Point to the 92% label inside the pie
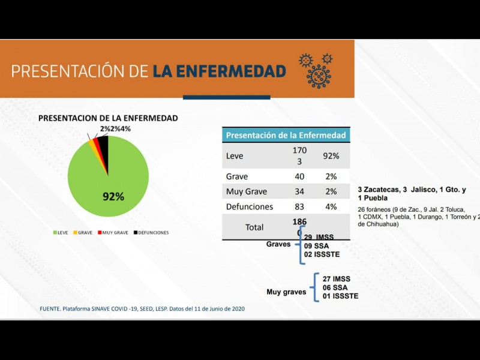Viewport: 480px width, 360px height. pos(113,196)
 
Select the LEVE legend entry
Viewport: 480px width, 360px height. pos(59,232)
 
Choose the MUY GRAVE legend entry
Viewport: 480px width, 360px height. pos(113,232)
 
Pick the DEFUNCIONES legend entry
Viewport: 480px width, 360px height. pos(151,232)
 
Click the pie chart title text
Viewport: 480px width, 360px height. pos(108,118)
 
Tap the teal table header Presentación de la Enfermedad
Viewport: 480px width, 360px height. pos(286,135)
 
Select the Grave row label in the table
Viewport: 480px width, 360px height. pos(237,176)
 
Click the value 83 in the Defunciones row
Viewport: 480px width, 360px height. pos(299,206)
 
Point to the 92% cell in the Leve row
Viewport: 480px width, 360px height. pos(331,156)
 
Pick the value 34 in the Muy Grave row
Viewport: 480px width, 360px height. pos(299,191)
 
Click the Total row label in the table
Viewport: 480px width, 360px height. pos(254,227)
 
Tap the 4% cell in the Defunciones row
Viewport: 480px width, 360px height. pos(331,206)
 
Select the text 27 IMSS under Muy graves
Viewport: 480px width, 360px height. pos(336,279)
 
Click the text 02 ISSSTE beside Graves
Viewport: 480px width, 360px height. pos(322,254)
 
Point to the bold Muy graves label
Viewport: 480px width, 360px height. pos(286,292)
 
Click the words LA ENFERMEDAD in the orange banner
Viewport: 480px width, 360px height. pos(219,71)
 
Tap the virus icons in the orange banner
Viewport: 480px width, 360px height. pos(316,70)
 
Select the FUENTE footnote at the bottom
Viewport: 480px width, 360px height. pos(142,308)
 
